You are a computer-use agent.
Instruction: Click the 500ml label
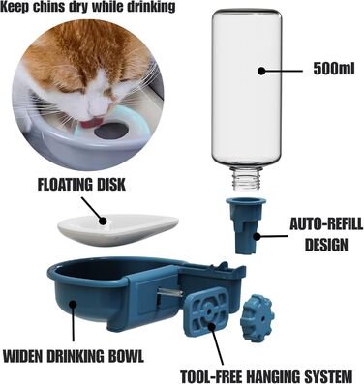(x=333, y=69)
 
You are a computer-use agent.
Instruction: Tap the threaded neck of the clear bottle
(x=247, y=179)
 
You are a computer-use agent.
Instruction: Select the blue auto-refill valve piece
(x=246, y=224)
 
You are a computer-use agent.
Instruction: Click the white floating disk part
(x=118, y=229)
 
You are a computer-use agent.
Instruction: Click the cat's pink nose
(x=96, y=106)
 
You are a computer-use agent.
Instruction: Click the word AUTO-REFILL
(x=326, y=224)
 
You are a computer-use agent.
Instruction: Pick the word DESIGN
(x=326, y=245)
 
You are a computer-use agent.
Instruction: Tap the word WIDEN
(x=23, y=357)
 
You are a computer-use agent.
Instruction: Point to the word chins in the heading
(x=49, y=7)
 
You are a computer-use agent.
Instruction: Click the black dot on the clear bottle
(x=261, y=71)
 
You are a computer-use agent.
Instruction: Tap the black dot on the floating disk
(x=103, y=221)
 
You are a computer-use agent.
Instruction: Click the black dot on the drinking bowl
(x=74, y=304)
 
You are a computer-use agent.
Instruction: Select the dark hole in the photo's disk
(x=111, y=132)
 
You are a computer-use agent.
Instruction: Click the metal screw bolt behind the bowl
(x=169, y=294)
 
